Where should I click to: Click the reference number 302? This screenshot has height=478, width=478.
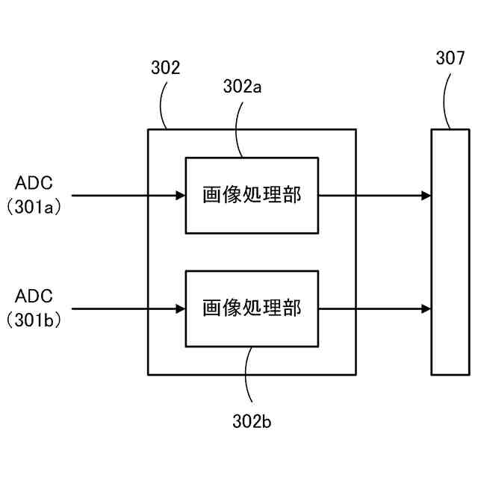(x=165, y=69)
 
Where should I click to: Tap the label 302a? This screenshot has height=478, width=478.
(x=242, y=87)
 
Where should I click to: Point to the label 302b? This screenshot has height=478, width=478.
(x=252, y=422)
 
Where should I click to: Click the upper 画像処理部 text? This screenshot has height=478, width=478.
(x=252, y=196)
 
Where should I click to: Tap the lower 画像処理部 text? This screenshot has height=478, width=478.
(x=252, y=308)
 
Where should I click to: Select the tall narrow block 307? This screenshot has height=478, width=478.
(x=450, y=252)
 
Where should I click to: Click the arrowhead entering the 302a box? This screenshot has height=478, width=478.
(x=181, y=196)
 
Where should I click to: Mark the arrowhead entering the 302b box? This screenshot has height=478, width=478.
(x=181, y=308)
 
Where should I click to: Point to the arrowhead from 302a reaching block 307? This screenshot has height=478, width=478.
(x=426, y=196)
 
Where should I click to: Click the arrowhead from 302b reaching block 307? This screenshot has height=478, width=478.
(x=426, y=308)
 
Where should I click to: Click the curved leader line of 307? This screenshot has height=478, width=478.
(x=447, y=101)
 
